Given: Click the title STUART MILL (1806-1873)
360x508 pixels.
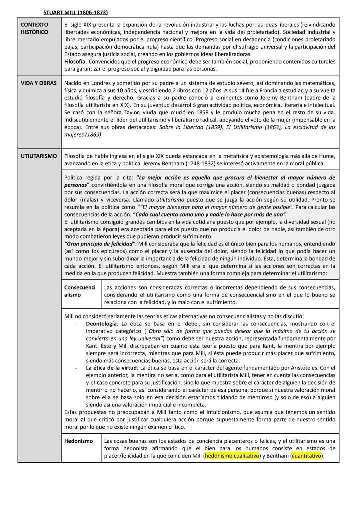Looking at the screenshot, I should tap(76, 13).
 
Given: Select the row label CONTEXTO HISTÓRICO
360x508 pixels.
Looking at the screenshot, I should tap(34, 28).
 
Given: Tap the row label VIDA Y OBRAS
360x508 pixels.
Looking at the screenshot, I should tap(39, 83).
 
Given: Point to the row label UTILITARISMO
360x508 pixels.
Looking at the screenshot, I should tap(39, 156).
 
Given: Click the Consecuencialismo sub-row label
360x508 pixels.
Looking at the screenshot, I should tap(80, 291).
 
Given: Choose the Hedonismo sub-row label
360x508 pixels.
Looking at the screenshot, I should tap(79, 441).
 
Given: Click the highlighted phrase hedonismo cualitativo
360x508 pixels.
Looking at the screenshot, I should tap(232, 456).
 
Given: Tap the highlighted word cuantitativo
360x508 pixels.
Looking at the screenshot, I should tap(306, 456).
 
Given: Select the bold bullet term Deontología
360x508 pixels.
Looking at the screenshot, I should tap(101, 323).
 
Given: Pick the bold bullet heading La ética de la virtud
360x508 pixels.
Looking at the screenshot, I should tap(111, 368).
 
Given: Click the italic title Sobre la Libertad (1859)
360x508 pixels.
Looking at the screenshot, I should tap(191, 127).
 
